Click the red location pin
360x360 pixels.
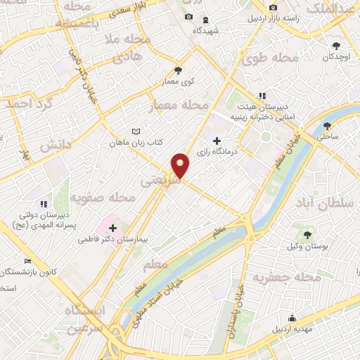(181, 166)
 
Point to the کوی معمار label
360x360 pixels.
(179, 82)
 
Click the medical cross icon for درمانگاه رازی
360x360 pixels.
(216, 140)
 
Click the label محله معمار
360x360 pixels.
(179, 106)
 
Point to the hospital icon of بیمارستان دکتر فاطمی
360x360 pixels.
(112, 227)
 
